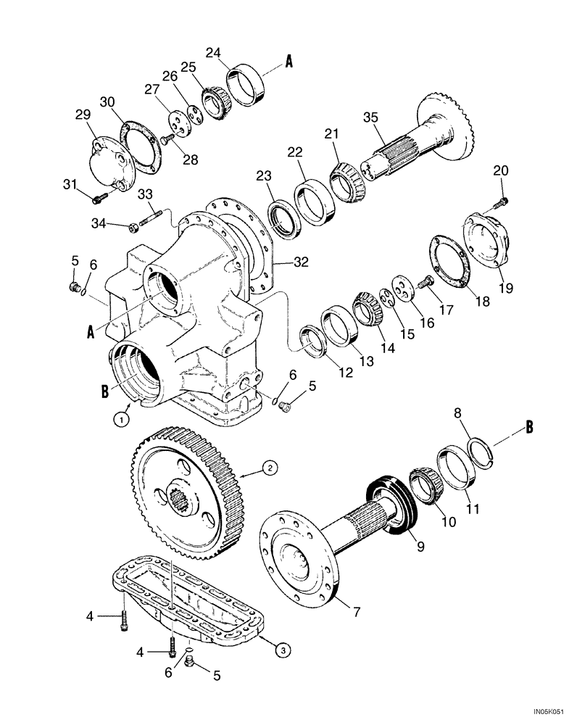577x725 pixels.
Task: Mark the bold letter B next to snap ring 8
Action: tap(529, 427)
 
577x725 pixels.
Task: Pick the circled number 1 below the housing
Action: tap(124, 418)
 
